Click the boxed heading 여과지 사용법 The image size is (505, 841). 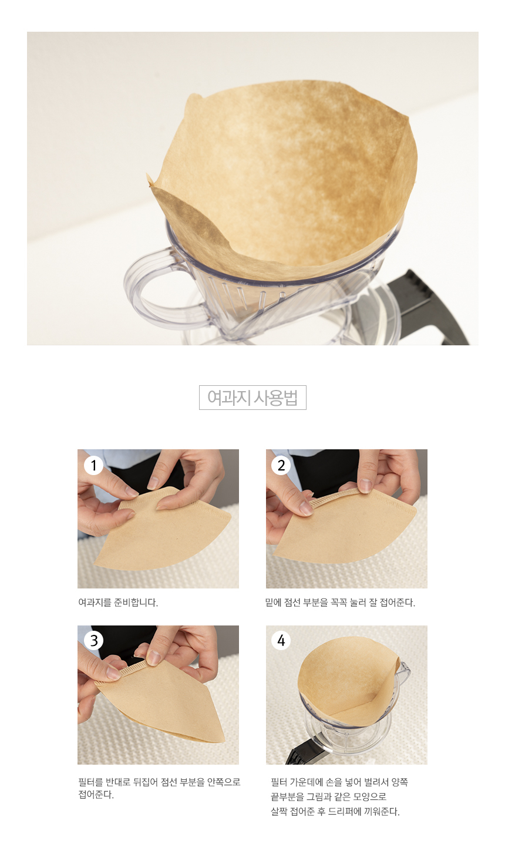(253, 397)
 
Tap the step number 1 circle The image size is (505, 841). (93, 465)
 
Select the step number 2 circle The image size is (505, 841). (281, 465)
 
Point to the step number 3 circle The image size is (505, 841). (93, 641)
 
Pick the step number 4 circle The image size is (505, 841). (281, 641)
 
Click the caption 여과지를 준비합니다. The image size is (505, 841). (118, 602)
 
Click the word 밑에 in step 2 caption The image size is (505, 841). (273, 602)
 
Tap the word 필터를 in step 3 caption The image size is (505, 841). (90, 782)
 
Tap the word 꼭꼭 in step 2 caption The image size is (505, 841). (338, 602)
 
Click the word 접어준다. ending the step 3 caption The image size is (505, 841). (96, 795)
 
